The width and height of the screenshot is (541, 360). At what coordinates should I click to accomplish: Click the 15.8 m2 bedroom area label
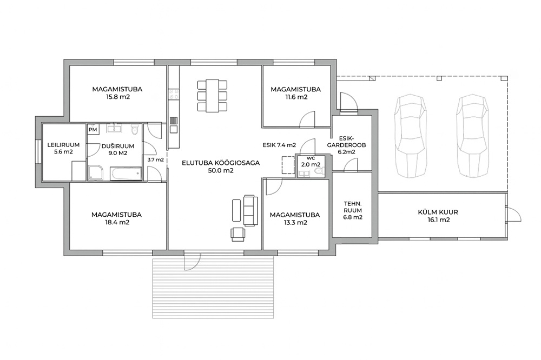click(118, 97)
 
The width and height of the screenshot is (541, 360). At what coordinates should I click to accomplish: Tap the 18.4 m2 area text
click(117, 223)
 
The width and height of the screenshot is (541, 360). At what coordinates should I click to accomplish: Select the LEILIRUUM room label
click(63, 145)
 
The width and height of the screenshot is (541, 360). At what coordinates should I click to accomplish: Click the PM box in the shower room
click(93, 130)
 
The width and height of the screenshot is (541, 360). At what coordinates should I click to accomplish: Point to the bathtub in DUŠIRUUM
click(126, 174)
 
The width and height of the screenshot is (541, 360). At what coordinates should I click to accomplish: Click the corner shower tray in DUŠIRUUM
click(95, 173)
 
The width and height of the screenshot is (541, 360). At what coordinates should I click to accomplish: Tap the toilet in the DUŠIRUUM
click(135, 130)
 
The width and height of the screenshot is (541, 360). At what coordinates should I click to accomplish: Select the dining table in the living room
click(213, 96)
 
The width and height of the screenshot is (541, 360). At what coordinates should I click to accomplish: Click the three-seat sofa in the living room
click(250, 210)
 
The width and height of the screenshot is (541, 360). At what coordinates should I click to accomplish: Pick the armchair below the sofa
click(238, 234)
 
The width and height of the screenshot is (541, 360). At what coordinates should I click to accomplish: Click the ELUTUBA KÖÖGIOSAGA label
click(221, 163)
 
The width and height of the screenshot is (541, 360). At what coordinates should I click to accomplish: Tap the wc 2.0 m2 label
click(311, 162)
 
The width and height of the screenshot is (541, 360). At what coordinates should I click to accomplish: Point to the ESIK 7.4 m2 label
click(279, 145)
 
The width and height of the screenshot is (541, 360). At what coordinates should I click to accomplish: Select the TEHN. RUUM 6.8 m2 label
click(353, 210)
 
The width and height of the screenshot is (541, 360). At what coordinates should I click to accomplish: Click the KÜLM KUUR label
click(438, 212)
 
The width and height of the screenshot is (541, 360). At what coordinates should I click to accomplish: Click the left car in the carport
click(410, 135)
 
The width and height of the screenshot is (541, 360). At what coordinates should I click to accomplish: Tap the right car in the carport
click(472, 135)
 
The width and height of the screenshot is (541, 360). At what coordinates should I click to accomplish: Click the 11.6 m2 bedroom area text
click(296, 97)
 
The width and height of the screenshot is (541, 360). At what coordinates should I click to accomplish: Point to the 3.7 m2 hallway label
click(155, 159)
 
